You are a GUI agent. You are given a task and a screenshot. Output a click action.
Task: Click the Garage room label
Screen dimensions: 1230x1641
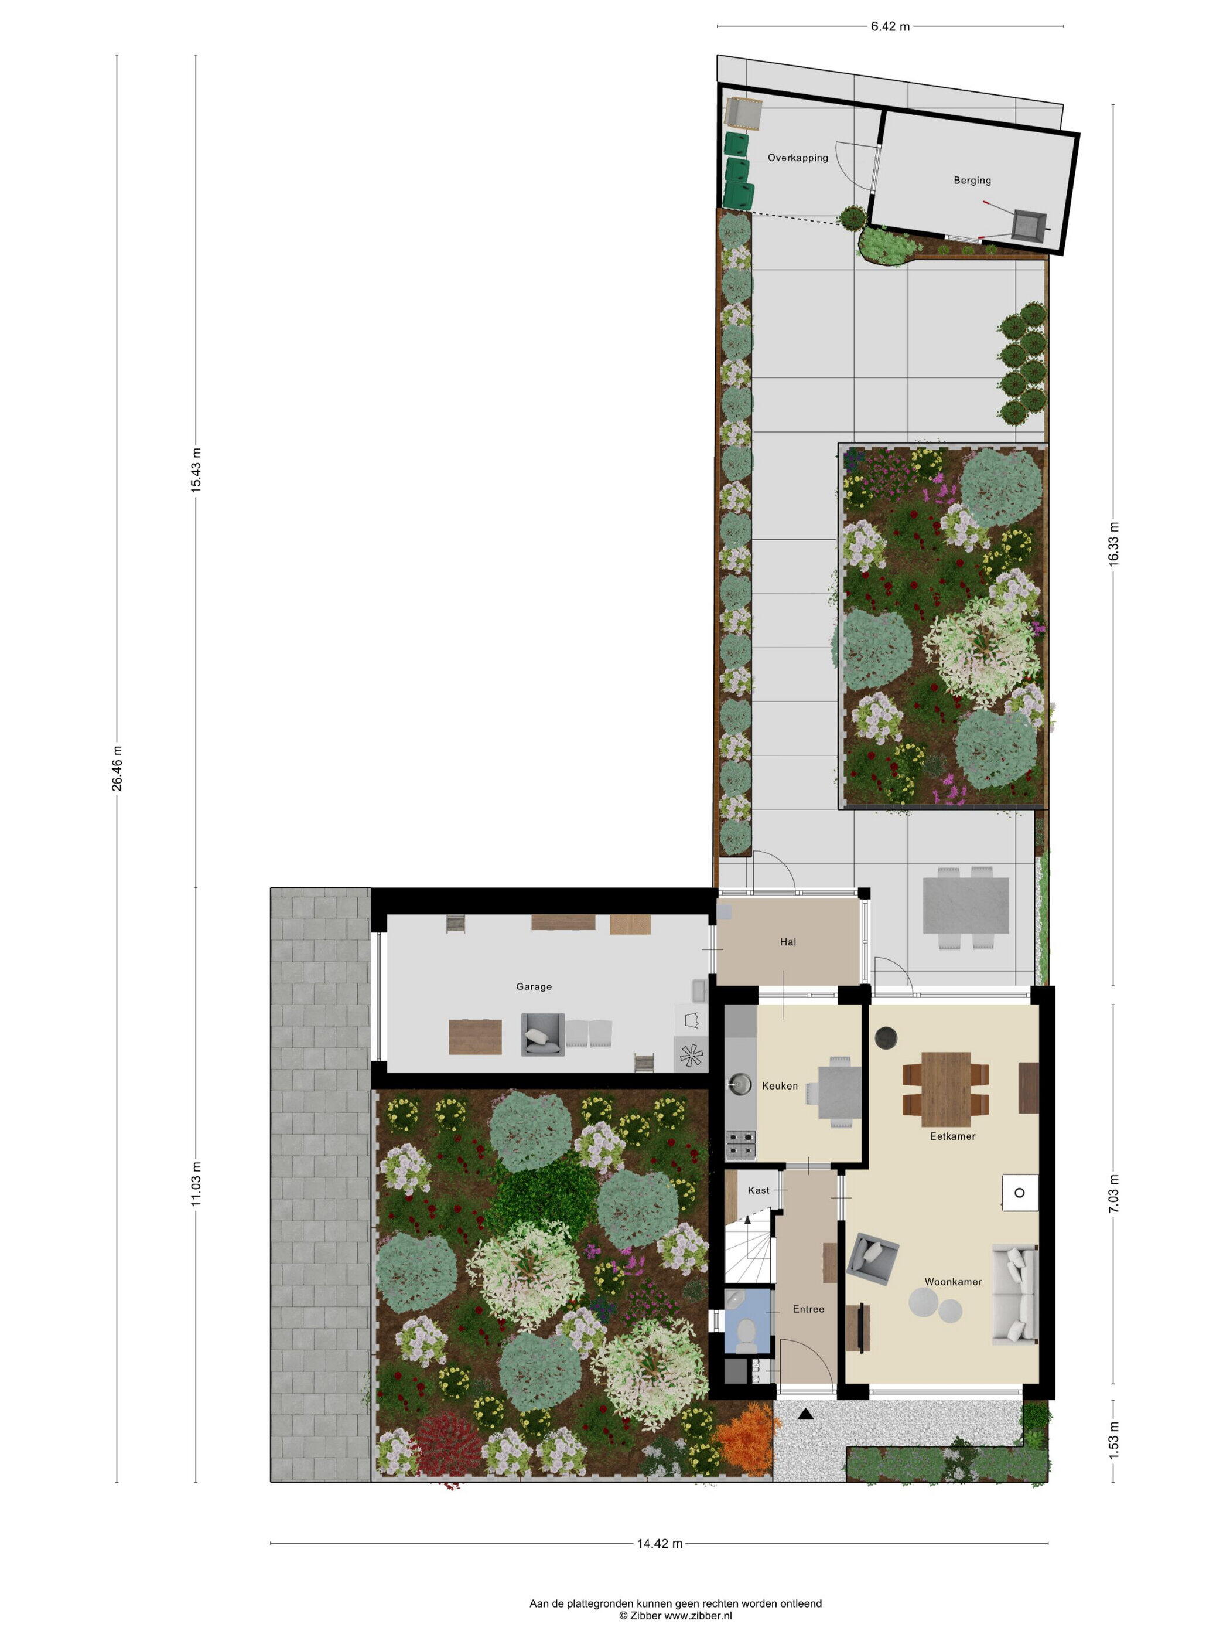(534, 987)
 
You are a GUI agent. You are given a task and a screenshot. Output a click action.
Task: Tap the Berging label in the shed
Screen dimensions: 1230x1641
(972, 181)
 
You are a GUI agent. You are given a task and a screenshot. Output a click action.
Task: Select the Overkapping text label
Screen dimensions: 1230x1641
(798, 158)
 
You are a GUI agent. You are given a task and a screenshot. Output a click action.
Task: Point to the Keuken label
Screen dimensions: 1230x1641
(780, 1086)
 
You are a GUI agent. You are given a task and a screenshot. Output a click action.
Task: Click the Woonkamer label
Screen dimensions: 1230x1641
(953, 1281)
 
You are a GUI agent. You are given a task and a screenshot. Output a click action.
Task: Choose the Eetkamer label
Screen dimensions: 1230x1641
(953, 1136)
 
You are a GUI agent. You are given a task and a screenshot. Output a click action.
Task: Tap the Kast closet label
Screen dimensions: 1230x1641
(758, 1190)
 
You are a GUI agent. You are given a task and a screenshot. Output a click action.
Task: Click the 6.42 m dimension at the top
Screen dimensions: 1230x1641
(890, 27)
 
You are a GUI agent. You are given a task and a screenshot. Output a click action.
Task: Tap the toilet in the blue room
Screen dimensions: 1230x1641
(746, 1336)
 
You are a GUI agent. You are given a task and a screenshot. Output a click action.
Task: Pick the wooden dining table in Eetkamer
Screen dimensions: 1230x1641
(946, 1088)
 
